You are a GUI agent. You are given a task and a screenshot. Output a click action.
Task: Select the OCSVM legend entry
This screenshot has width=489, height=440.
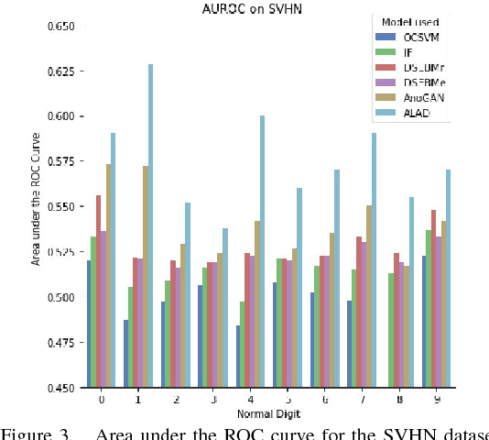coord(418,37)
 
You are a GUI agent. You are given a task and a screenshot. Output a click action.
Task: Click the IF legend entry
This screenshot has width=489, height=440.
coord(408,51)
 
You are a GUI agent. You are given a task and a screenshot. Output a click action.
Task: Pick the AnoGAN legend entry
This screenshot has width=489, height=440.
coord(421,96)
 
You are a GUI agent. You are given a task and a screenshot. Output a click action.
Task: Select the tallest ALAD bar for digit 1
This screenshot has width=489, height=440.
coord(150,225)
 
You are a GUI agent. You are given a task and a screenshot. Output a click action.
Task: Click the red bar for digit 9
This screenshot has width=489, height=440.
coord(432,298)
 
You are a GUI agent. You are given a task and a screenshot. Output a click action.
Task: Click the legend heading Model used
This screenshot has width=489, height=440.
coord(411,21)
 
